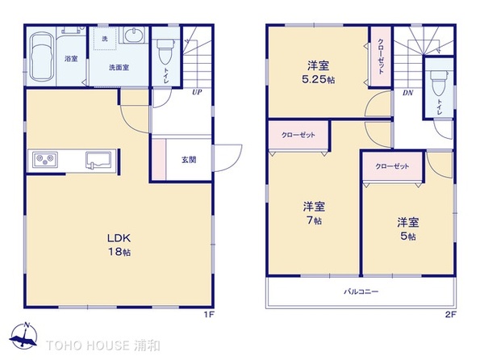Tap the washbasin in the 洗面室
(134, 35)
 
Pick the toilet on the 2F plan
(438, 82)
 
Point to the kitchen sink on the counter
(98, 160)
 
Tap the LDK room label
(119, 238)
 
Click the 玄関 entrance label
(189, 160)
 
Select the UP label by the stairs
(197, 92)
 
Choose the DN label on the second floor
(407, 93)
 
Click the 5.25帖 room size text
(319, 80)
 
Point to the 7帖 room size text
(314, 220)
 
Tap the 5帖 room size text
(408, 237)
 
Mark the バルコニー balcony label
(361, 291)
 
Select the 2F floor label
(451, 314)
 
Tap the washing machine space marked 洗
(105, 39)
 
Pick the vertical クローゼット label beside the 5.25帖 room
(381, 57)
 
